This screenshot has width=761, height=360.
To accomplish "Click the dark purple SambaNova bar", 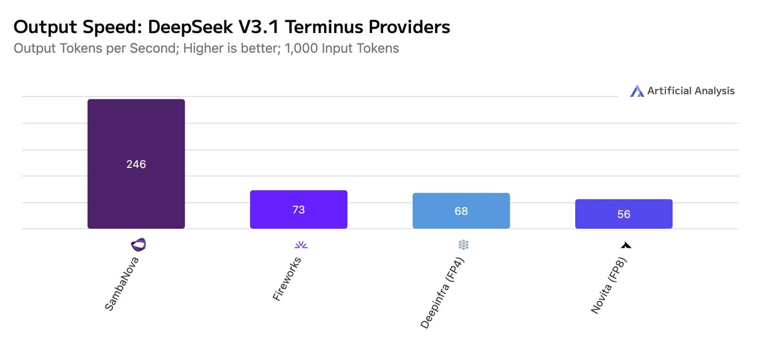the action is click(x=136, y=164).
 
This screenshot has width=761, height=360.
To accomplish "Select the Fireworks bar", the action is click(x=299, y=209).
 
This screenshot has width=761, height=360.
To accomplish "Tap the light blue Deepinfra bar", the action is click(x=461, y=210).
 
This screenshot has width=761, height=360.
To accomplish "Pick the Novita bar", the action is click(x=624, y=214).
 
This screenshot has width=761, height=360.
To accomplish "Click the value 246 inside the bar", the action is click(x=136, y=164).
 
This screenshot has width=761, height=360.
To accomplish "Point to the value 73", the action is click(x=299, y=210).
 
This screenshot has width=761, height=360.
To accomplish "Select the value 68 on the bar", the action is click(x=461, y=211).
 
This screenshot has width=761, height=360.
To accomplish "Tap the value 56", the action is click(x=624, y=214).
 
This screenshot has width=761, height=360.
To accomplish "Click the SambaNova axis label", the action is click(x=122, y=284).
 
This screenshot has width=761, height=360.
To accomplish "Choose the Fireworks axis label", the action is click(x=287, y=279).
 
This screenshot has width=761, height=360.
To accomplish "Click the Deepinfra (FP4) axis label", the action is click(x=442, y=293).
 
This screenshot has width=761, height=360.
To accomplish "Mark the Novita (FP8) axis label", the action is click(x=608, y=286).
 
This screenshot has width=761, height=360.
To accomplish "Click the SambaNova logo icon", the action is click(x=138, y=245).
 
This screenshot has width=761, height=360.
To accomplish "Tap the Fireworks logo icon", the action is click(x=301, y=245).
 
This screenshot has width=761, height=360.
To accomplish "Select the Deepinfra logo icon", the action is click(x=464, y=245).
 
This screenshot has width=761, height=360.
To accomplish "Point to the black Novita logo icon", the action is click(x=626, y=245).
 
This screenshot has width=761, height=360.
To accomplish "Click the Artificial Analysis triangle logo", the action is click(x=637, y=91).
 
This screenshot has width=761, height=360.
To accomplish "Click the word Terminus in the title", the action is click(x=324, y=27).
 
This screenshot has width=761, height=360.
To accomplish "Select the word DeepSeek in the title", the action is click(x=191, y=27).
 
